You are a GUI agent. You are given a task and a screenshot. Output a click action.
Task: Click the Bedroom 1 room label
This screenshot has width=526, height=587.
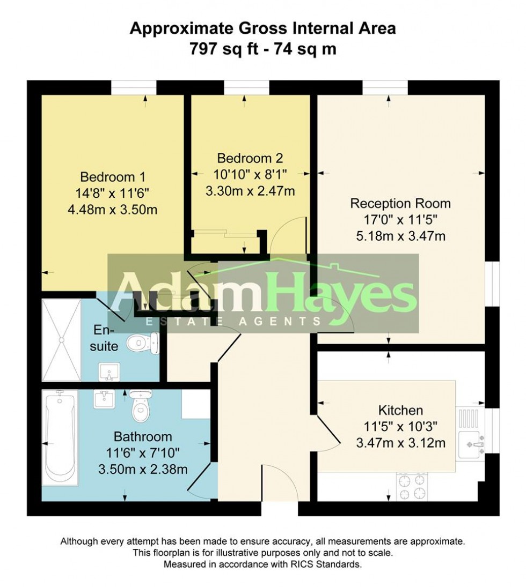pos(113,176)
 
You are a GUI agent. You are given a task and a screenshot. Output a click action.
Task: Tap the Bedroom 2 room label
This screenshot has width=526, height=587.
pos(250,158)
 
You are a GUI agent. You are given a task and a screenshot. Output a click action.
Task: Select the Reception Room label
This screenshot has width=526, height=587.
pos(400,204)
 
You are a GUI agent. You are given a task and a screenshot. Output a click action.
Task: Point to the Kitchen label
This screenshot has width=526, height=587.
pos(401,411)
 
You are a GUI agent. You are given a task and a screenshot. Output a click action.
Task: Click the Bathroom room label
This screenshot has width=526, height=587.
pos(142,436)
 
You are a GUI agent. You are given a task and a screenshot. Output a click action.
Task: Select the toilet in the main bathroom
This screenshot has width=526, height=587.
pos(140,407)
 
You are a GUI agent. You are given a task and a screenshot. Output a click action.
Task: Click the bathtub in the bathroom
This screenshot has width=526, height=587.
pos(60,437)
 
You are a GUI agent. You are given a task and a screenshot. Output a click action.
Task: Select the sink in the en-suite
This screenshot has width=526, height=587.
pos(110,371)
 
